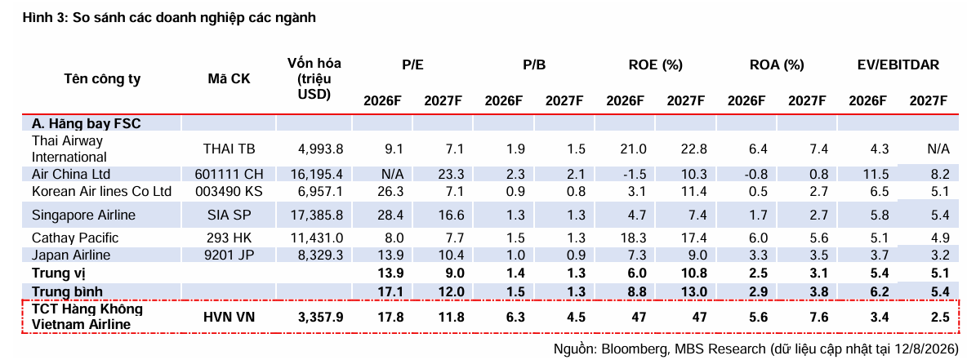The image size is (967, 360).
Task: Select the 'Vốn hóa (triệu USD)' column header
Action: click(x=314, y=79)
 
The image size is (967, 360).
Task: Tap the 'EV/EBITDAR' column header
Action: click(x=898, y=65)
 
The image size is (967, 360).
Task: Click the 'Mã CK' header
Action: click(x=229, y=79)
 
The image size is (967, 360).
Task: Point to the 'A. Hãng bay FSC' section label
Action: click(x=87, y=123)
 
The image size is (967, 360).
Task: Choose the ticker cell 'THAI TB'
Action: click(x=229, y=149)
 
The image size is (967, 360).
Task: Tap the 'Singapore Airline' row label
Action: click(x=84, y=216)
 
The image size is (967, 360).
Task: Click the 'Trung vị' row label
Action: click(x=56, y=273)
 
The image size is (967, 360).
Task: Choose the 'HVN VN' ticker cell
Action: click(x=229, y=318)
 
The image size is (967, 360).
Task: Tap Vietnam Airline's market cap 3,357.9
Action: click(x=319, y=318)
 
